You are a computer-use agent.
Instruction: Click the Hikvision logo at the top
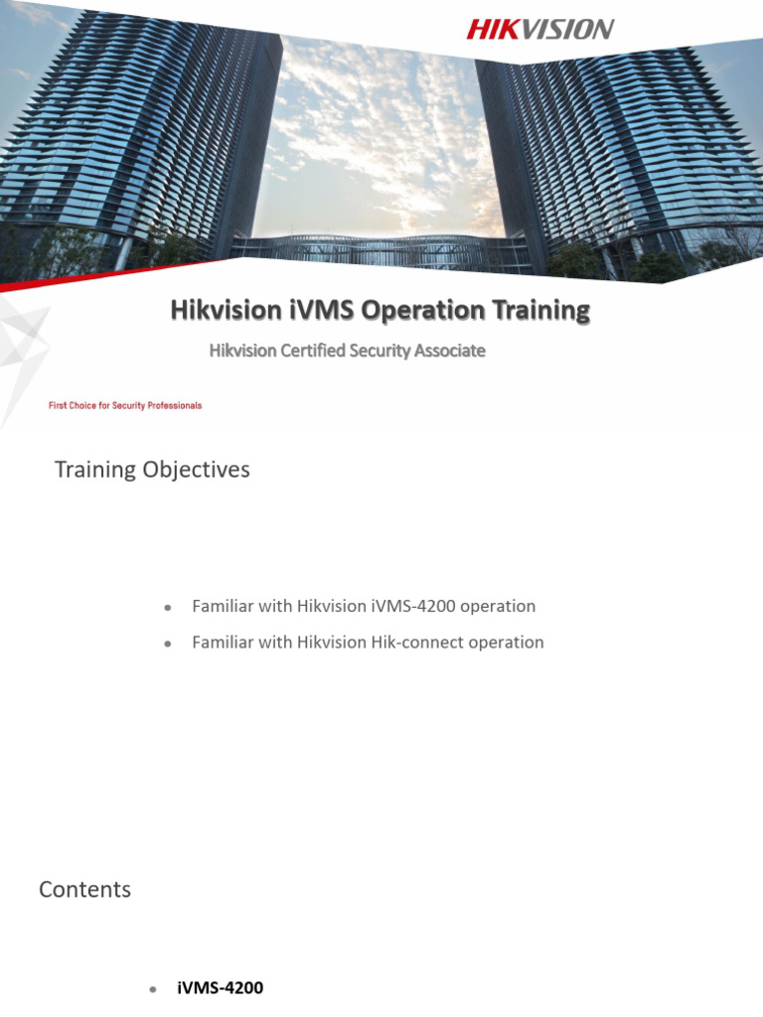(539, 30)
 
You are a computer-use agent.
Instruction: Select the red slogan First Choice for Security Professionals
(125, 405)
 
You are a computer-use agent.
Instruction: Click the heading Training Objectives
(152, 470)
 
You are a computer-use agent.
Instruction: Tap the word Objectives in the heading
(195, 470)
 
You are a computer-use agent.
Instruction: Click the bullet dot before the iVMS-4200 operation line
(168, 607)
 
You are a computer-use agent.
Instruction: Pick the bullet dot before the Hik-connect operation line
(168, 644)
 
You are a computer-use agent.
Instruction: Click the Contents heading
(84, 890)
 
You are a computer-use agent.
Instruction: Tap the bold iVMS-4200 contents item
(220, 988)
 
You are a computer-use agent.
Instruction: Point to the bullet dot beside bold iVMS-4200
(152, 989)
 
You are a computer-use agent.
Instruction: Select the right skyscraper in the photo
(616, 149)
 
